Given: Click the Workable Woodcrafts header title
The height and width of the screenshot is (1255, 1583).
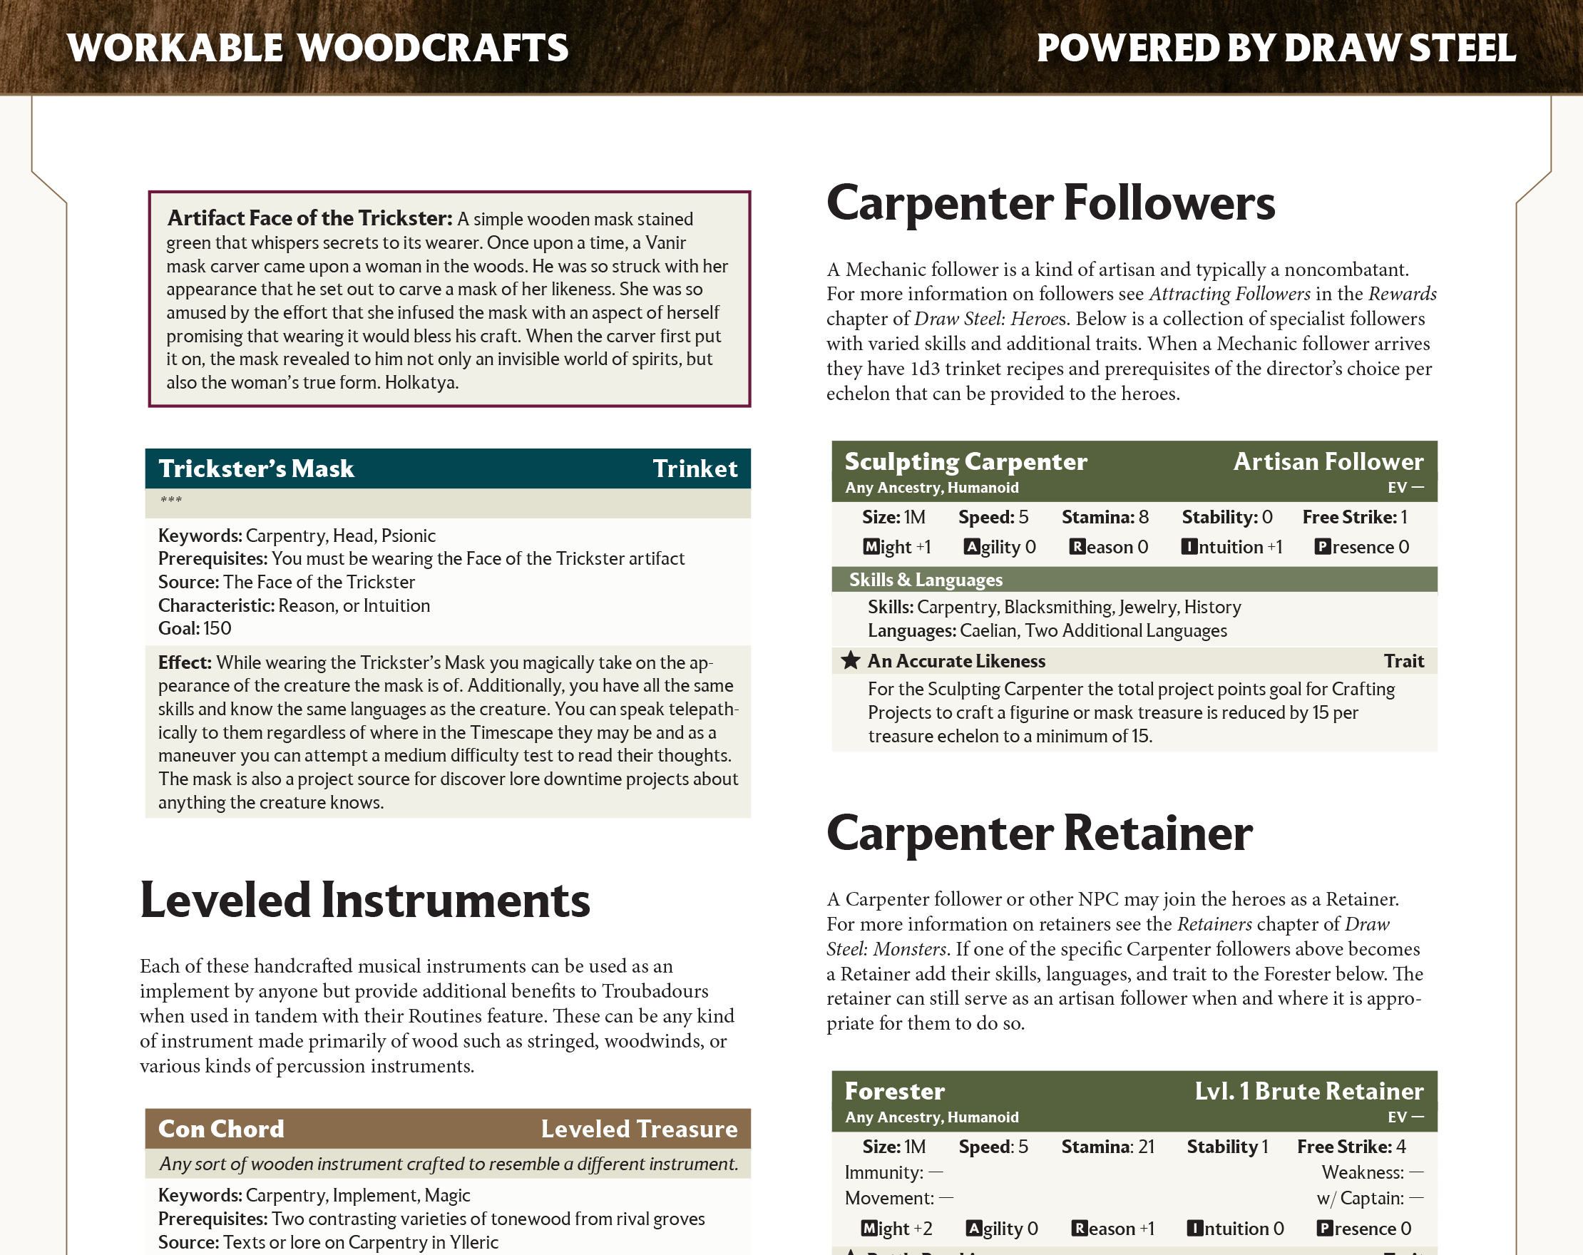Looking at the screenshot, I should tap(317, 48).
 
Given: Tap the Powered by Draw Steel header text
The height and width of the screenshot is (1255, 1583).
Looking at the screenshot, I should tap(1276, 48).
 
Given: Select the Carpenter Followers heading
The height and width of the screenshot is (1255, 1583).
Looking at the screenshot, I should tap(1050, 203).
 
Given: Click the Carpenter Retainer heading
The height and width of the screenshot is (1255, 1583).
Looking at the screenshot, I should tap(1039, 834).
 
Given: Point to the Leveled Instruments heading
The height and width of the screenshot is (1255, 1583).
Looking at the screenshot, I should tap(365, 901).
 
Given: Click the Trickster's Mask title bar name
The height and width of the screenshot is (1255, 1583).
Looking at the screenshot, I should tap(256, 468).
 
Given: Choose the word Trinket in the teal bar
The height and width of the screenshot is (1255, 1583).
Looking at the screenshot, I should tap(695, 468).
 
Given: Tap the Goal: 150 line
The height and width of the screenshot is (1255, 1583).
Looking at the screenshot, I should tap(195, 629).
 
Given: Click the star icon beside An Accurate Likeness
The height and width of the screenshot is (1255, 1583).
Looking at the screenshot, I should tap(850, 661).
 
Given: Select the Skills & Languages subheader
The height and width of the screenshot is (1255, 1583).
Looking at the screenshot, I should tap(925, 580).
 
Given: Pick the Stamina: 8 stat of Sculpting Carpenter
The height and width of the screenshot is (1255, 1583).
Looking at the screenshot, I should tap(1105, 517).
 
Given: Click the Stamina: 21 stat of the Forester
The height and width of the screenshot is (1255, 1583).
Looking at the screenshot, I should tap(1107, 1147).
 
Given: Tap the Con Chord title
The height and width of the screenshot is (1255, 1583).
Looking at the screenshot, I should tap(221, 1129).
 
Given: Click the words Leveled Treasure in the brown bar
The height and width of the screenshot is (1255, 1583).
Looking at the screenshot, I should tap(639, 1129).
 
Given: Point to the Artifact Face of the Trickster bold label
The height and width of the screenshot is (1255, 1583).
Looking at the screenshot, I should tap(309, 218).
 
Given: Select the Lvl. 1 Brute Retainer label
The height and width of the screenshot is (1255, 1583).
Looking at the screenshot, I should tap(1308, 1091).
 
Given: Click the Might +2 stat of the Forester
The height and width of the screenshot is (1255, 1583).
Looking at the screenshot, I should tap(896, 1229).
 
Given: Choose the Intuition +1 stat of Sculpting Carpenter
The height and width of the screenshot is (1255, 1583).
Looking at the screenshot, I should tap(1231, 547).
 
